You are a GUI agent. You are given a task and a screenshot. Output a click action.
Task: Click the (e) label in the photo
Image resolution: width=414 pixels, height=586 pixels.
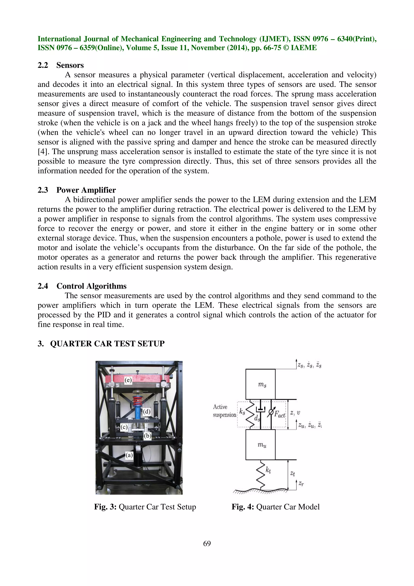128,380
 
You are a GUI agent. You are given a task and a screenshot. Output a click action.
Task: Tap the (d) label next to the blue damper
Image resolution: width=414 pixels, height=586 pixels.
146,411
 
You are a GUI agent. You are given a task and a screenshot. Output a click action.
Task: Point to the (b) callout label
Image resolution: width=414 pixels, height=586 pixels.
147,436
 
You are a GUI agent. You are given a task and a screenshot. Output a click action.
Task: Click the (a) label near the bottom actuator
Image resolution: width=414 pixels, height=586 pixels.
129,455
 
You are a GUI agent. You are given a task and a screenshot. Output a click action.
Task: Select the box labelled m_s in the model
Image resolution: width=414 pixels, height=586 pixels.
260,384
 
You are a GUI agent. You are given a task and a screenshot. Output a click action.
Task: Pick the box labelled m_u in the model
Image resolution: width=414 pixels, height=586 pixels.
260,445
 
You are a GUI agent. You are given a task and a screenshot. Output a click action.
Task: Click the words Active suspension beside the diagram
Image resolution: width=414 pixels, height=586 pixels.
224,411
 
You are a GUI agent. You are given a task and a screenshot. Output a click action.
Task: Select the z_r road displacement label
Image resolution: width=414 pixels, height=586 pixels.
301,483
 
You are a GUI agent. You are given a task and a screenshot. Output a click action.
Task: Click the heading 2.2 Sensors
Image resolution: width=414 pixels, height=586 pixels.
61,65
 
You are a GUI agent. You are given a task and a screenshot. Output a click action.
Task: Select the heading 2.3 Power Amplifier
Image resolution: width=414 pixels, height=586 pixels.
77,190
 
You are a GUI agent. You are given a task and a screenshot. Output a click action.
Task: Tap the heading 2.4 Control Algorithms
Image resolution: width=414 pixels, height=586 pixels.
82,286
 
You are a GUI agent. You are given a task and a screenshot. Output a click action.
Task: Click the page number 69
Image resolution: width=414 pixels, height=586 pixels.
207,543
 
